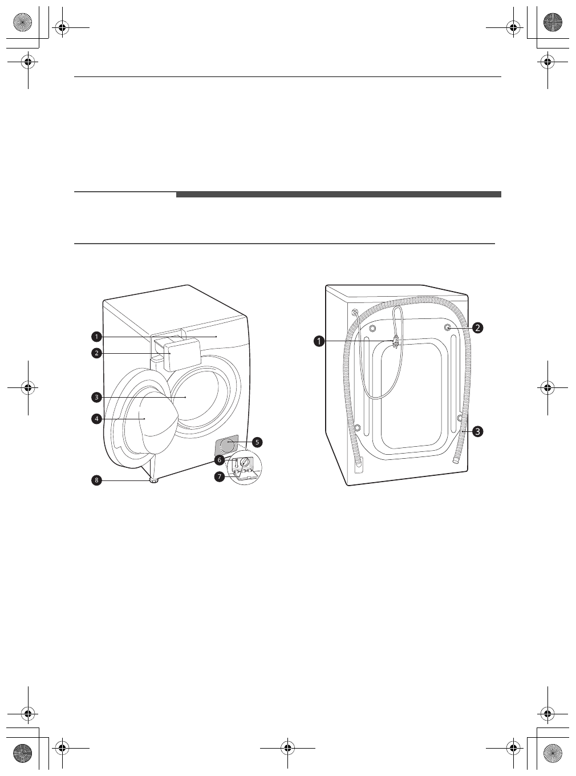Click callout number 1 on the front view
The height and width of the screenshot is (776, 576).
96,337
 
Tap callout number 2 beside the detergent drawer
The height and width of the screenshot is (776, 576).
96,353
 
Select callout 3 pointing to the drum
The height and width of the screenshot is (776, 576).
96,398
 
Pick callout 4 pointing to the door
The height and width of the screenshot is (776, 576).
96,419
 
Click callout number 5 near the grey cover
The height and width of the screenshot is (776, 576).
257,442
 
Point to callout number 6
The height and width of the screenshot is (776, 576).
219,460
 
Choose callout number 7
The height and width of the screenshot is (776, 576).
219,476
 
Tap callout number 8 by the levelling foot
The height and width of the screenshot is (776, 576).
96,480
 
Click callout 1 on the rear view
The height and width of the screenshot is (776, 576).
319,341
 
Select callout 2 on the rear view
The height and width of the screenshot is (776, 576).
477,328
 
